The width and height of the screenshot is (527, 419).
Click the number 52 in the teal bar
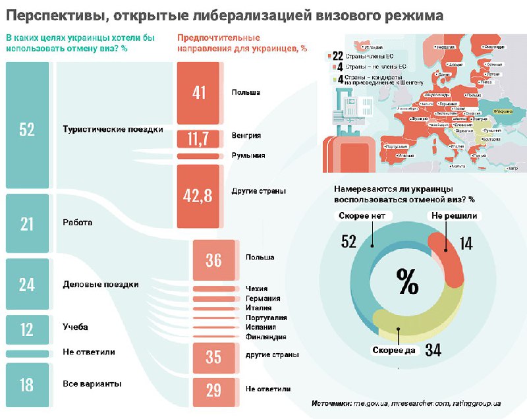[x=26, y=130]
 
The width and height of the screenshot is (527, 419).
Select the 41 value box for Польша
[x=200, y=93]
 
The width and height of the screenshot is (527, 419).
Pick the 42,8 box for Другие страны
[x=199, y=196]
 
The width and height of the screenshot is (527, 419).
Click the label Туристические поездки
[x=113, y=129]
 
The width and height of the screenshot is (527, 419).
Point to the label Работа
[x=77, y=223]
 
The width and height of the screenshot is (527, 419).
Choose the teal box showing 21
[x=26, y=224]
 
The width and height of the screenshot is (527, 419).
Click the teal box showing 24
[x=26, y=285]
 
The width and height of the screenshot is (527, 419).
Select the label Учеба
[x=75, y=327]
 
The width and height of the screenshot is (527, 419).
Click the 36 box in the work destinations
[x=213, y=260]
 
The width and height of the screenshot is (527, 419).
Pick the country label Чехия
[x=256, y=288]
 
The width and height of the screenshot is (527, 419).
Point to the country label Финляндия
[x=265, y=337]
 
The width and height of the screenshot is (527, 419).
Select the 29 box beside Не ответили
[x=213, y=391]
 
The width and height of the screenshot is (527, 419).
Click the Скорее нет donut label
[x=366, y=215]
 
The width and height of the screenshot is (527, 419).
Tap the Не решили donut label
[x=455, y=215]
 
